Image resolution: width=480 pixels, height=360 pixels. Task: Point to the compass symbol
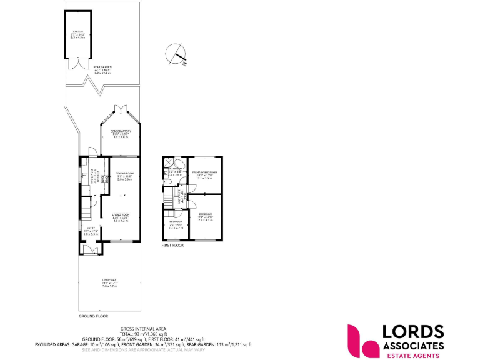177,54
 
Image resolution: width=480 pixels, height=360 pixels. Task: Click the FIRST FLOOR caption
173,246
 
